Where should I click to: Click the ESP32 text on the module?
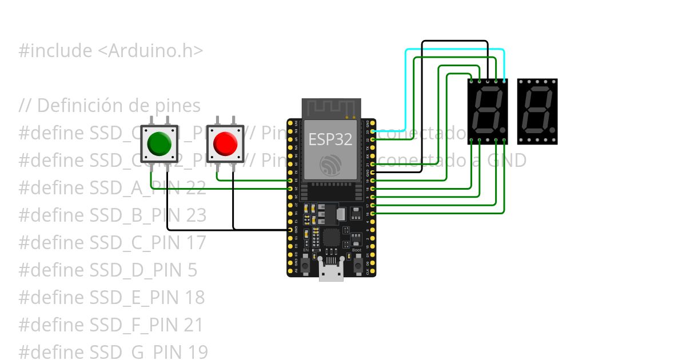330,139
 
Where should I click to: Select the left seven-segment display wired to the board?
488,111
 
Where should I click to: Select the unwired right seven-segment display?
537,111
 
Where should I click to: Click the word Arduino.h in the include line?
155,51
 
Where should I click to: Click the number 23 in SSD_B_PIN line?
196,215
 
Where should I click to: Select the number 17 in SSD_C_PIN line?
195,243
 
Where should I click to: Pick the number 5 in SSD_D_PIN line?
192,270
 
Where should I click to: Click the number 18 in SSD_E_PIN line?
194,298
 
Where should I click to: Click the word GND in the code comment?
506,161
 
